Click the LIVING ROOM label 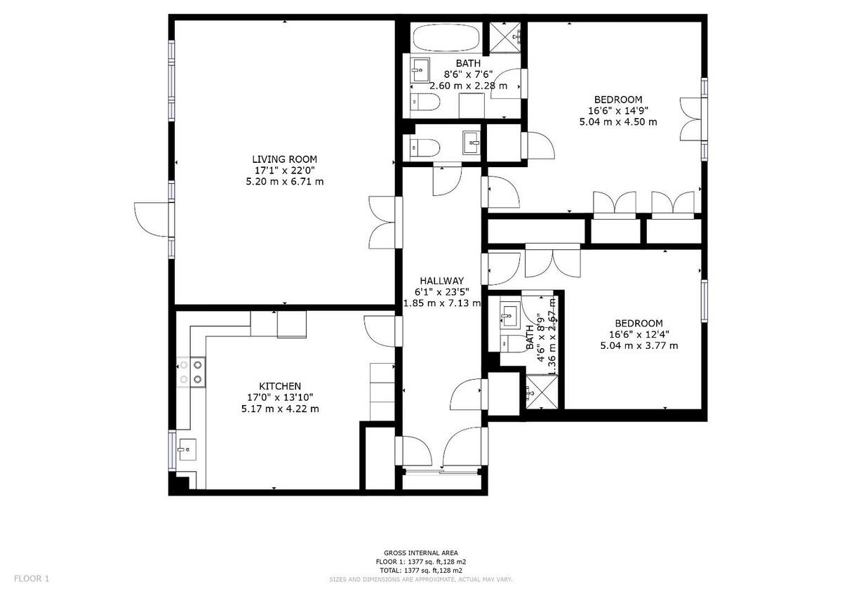(x=284, y=159)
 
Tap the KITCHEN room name (x=280, y=386)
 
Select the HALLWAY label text (x=441, y=280)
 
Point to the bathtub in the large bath (x=446, y=38)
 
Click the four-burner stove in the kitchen (x=190, y=372)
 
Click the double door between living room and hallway (x=384, y=223)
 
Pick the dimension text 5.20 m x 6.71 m (x=284, y=182)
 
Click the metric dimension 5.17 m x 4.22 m (x=280, y=409)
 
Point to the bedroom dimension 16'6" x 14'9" (x=617, y=110)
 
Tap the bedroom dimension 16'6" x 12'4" (x=639, y=334)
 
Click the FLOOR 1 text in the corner (x=32, y=578)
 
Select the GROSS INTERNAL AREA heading (x=421, y=553)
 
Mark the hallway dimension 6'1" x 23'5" (x=441, y=291)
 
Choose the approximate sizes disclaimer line (x=421, y=579)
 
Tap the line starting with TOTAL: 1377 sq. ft (x=421, y=571)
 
